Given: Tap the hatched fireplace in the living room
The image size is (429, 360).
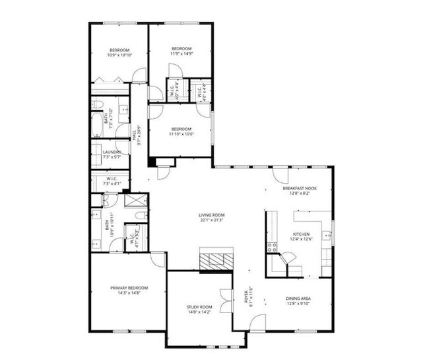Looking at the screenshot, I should click(x=216, y=261).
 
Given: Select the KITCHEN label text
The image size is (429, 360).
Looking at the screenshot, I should click(x=302, y=234).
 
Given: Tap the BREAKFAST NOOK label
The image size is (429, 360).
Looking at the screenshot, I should click(x=300, y=188).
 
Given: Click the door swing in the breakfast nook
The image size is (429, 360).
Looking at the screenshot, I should click(x=282, y=175).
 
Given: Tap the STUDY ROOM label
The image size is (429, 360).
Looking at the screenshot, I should click(x=199, y=307).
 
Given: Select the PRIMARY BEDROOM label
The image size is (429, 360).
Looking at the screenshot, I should click(x=129, y=288).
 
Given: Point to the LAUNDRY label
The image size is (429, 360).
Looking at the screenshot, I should click(x=111, y=153).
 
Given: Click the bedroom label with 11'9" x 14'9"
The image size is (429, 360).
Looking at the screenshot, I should click(x=181, y=49).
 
